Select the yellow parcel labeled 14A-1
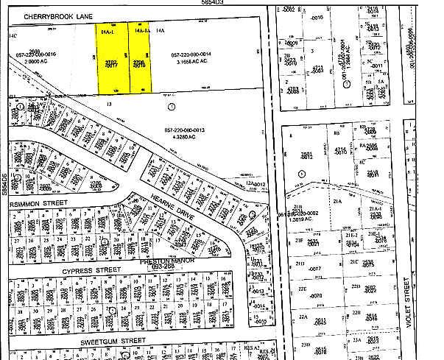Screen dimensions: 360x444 [x=112, y=63]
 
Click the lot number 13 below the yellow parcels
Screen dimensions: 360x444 [x=108, y=105]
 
